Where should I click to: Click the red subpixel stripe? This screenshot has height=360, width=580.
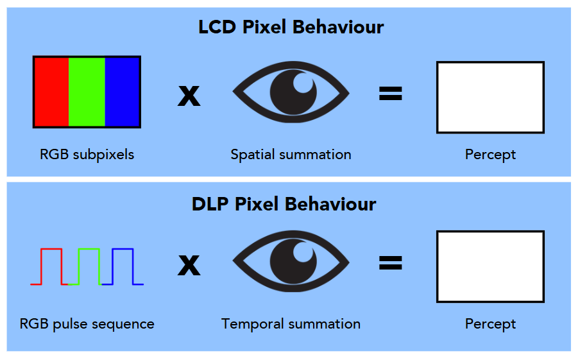click(x=51, y=92)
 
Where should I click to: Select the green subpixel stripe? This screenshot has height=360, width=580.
click(x=87, y=92)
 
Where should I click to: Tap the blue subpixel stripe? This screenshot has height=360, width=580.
click(x=122, y=92)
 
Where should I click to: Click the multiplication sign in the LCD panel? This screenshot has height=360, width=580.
click(x=189, y=96)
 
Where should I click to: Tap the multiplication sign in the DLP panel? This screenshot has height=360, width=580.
click(x=189, y=265)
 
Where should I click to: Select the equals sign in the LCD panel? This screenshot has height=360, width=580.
click(x=390, y=94)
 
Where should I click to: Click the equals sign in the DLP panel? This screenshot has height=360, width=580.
click(x=390, y=263)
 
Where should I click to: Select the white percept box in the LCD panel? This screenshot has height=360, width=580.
click(x=490, y=97)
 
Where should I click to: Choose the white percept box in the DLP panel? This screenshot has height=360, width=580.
click(x=490, y=266)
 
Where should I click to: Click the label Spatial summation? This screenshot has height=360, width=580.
click(x=291, y=155)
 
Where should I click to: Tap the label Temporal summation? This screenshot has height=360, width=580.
click(x=291, y=324)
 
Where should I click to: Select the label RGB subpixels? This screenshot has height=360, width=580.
click(x=87, y=155)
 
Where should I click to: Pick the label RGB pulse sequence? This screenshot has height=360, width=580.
click(x=87, y=324)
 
